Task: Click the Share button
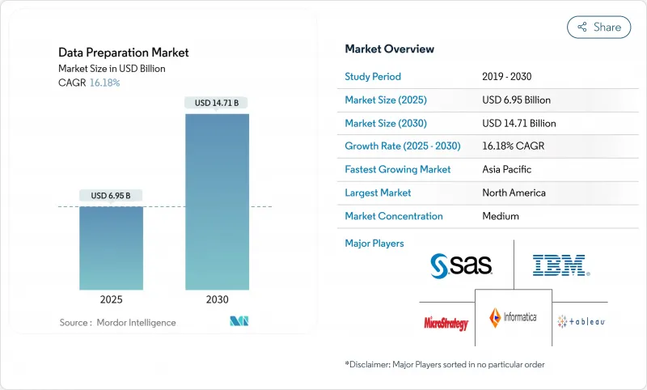[x=598, y=27]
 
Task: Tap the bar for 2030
[x=217, y=201]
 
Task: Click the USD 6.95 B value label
[x=111, y=196]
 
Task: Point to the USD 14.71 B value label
[x=217, y=103]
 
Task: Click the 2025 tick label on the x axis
[x=112, y=299]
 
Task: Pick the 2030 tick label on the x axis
[x=217, y=299]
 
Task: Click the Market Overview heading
[x=389, y=49]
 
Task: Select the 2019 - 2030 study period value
[x=507, y=76]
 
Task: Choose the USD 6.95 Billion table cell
[x=516, y=100]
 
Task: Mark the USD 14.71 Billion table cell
[x=518, y=123]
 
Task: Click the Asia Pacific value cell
[x=507, y=170]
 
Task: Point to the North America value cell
[x=514, y=193]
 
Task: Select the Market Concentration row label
[x=394, y=216]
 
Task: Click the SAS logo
[x=462, y=265]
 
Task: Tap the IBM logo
[x=560, y=265]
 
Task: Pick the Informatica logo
[x=513, y=318]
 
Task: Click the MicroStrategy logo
[x=446, y=323]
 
